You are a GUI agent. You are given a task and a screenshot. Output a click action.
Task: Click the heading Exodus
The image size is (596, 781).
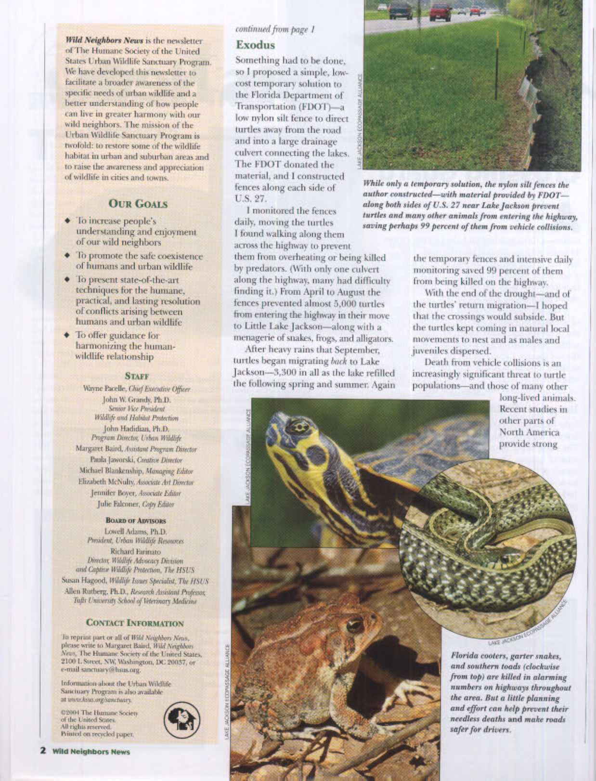coord(255,45)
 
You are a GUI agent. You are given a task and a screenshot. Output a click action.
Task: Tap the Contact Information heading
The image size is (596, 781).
coord(134,623)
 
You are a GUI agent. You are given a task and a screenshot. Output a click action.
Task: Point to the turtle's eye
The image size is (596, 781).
coord(298,426)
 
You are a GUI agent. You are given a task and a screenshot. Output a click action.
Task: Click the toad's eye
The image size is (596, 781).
coord(355,625)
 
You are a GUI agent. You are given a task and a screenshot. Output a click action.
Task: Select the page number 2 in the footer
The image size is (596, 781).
coord(43,751)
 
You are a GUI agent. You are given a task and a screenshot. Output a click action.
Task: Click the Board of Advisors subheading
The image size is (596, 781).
coord(135,521)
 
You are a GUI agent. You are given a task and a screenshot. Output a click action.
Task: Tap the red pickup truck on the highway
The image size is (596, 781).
coord(440,11)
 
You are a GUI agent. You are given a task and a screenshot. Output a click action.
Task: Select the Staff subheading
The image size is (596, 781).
coord(137,376)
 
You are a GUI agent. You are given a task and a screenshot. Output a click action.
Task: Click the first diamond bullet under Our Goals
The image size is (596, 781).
coord(67,221)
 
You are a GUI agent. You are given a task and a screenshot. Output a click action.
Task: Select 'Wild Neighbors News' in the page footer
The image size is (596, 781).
coord(91,751)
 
